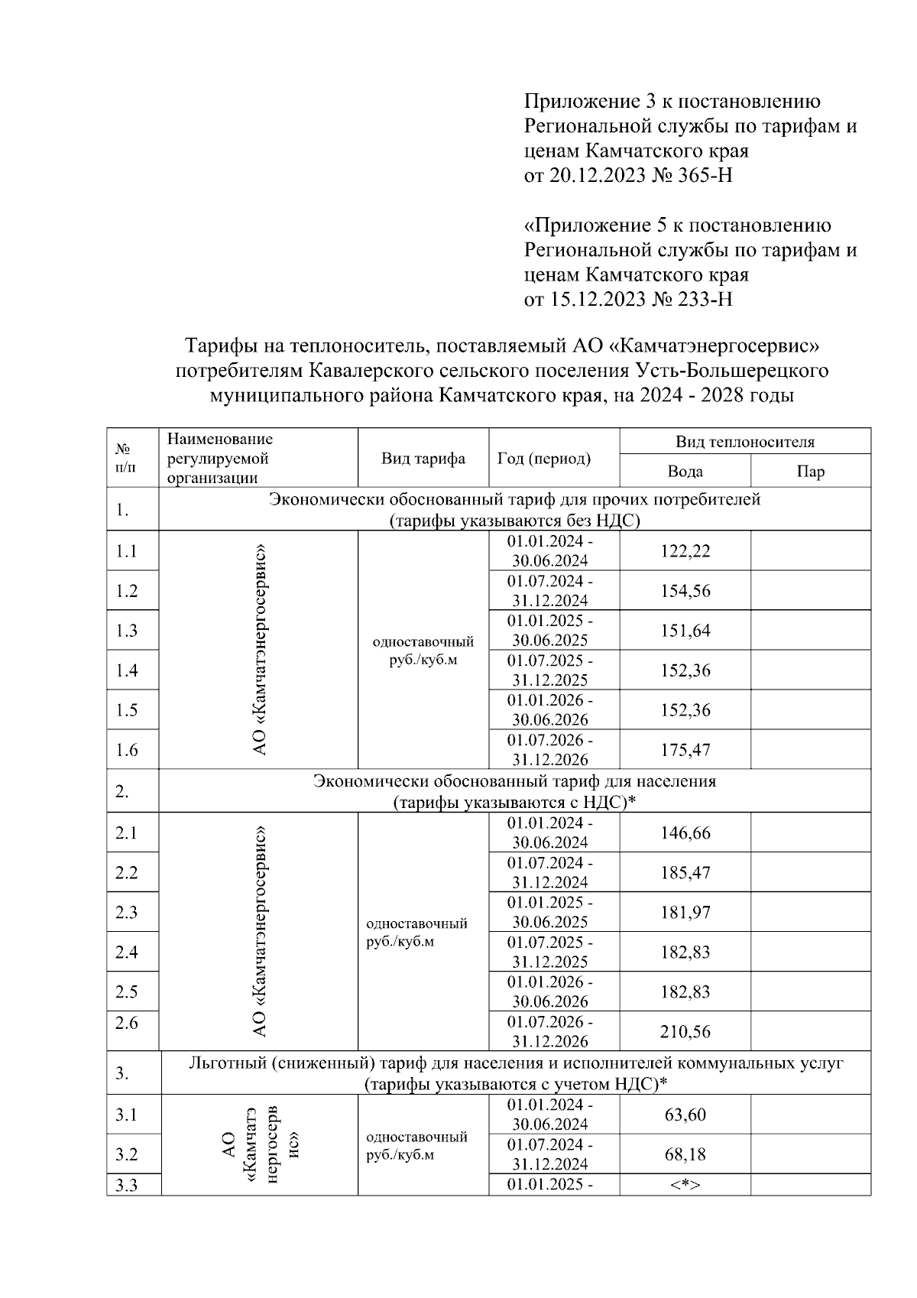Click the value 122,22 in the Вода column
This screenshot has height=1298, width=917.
(685, 551)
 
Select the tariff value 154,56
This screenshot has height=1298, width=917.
(685, 591)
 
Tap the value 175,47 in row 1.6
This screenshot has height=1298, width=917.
(685, 750)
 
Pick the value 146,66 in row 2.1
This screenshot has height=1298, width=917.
(685, 832)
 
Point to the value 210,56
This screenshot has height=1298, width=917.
(685, 1032)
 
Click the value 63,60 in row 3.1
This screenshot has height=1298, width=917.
(685, 1115)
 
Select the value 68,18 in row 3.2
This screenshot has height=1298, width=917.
(685, 1154)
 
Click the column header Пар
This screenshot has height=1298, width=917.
(810, 472)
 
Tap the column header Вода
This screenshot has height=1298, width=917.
(685, 472)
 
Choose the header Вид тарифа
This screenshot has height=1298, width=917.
(423, 459)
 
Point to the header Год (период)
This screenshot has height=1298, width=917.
(543, 459)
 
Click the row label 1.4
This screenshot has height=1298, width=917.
(126, 670)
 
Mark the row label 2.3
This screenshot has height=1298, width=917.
(126, 912)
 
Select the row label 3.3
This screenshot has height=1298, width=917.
(126, 1186)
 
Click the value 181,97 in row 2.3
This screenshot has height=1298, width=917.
(685, 912)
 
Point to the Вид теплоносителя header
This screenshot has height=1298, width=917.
(744, 442)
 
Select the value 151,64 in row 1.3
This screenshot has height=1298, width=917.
(685, 631)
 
